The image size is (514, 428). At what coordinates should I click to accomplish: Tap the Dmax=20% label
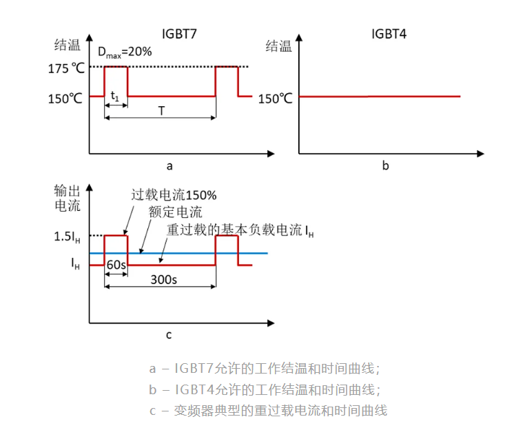(x=124, y=52)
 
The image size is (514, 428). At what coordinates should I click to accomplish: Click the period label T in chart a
(x=161, y=110)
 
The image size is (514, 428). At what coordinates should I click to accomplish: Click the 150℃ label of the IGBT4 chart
(x=276, y=98)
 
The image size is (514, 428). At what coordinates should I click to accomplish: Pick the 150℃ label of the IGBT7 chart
(x=65, y=98)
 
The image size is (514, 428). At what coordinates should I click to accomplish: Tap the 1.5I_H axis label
(x=66, y=236)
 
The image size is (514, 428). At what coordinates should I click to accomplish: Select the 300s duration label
(x=164, y=280)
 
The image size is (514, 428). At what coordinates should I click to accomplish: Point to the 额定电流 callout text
(x=175, y=212)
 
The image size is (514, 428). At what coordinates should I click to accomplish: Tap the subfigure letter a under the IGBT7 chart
(x=169, y=166)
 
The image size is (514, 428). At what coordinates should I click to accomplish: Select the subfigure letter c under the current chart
(x=168, y=336)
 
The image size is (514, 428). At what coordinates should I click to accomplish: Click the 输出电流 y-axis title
(x=67, y=198)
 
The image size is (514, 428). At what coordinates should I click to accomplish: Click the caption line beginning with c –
(x=268, y=411)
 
